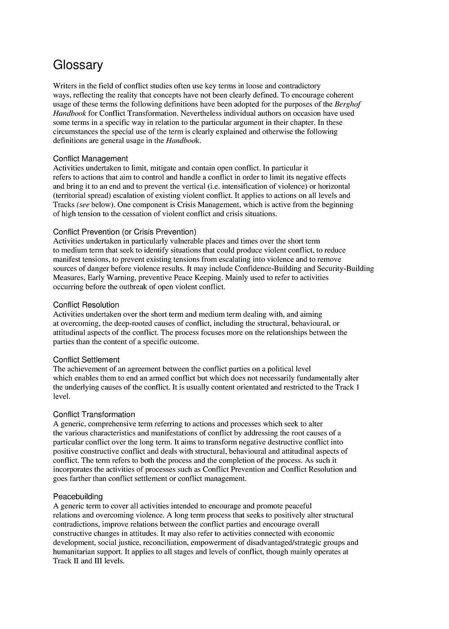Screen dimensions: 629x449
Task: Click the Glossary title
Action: [x=78, y=66]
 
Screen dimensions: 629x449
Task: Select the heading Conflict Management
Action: [x=90, y=159]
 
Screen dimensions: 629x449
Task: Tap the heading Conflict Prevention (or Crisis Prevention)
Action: [x=124, y=232]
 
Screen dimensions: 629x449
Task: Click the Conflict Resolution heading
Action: [x=86, y=305]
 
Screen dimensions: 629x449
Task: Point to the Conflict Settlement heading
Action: [x=86, y=360]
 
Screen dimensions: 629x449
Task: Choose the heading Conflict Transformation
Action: [x=94, y=415]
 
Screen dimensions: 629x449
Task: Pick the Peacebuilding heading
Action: [x=78, y=496]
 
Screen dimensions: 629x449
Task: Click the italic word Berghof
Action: [x=348, y=104]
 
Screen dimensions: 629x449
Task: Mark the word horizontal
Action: [x=334, y=186]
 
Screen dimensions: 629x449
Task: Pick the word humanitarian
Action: [x=74, y=552]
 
